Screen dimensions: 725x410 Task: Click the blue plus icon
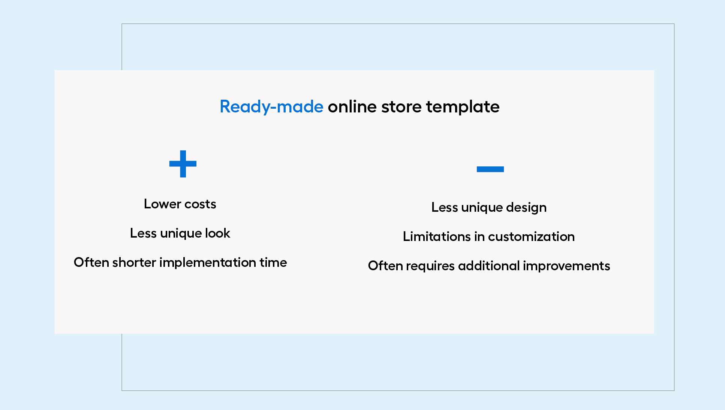click(183, 164)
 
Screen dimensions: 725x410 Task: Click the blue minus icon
click(490, 169)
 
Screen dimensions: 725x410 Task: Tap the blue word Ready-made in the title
click(271, 107)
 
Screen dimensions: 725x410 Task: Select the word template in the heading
click(463, 107)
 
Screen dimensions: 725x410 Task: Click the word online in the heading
click(352, 107)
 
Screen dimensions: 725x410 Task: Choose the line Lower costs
click(180, 204)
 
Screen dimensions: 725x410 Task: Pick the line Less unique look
click(180, 233)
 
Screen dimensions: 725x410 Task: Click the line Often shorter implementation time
click(180, 262)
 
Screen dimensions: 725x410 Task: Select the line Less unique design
click(489, 207)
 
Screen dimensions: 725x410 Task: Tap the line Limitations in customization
click(489, 236)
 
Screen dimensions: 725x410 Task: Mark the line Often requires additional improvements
click(489, 266)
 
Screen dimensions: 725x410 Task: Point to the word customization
click(531, 236)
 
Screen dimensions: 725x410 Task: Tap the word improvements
click(566, 266)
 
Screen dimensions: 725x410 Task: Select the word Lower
click(163, 204)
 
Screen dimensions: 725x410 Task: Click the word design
click(526, 207)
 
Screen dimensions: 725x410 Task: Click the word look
click(217, 233)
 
